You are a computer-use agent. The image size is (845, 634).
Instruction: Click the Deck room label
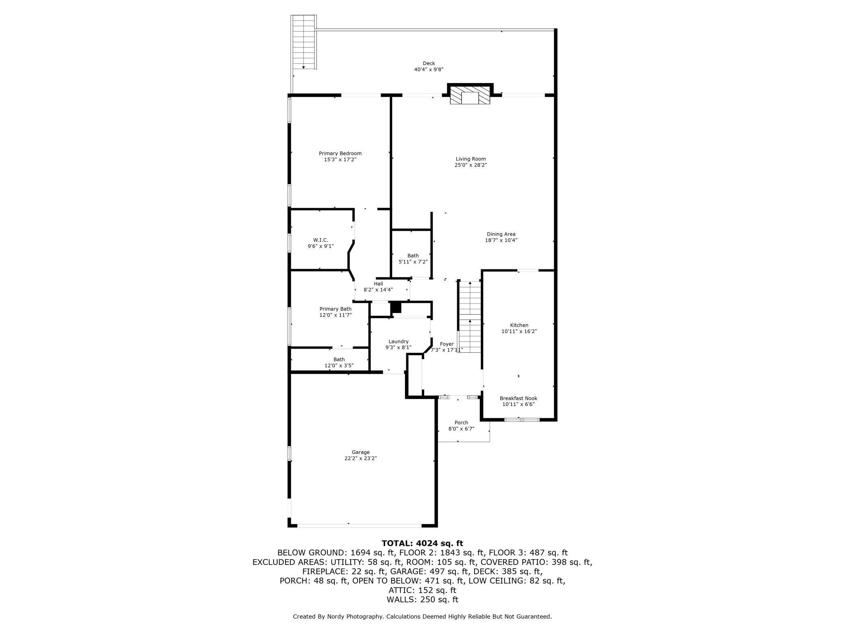coord(429,63)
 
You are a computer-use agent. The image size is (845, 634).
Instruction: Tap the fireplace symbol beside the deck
coord(470,96)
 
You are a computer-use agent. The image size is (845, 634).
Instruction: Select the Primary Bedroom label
coord(340,154)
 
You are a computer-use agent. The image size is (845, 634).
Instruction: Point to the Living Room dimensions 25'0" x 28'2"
coord(470,165)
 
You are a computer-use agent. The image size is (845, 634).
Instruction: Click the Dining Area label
coord(501,234)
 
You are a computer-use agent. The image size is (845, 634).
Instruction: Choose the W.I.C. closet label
coord(321,240)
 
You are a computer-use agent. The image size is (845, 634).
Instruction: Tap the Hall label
coord(378,284)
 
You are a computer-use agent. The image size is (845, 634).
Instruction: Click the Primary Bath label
coord(335,309)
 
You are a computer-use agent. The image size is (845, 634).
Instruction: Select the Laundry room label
coord(398,341)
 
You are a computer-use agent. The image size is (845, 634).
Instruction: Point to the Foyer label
coord(446,344)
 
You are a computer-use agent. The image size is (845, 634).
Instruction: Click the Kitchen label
coord(519,325)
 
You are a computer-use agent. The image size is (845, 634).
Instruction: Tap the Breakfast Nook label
coord(518,398)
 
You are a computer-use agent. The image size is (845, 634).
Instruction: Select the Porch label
coord(461,423)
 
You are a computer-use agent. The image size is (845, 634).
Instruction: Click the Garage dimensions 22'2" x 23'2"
coord(361,458)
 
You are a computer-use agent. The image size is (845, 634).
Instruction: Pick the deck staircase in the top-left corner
coord(303,42)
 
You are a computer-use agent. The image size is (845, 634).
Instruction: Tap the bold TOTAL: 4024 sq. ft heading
coord(422,543)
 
